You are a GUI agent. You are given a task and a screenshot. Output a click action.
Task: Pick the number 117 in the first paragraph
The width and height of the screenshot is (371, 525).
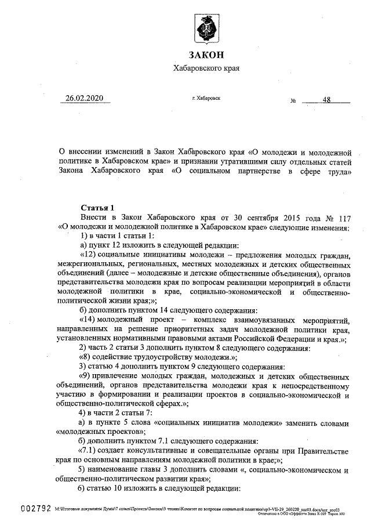coord(342,217)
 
